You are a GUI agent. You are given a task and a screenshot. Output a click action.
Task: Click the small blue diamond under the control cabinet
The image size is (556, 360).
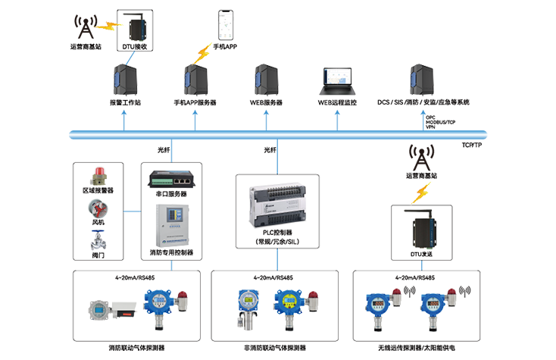(172, 265)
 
